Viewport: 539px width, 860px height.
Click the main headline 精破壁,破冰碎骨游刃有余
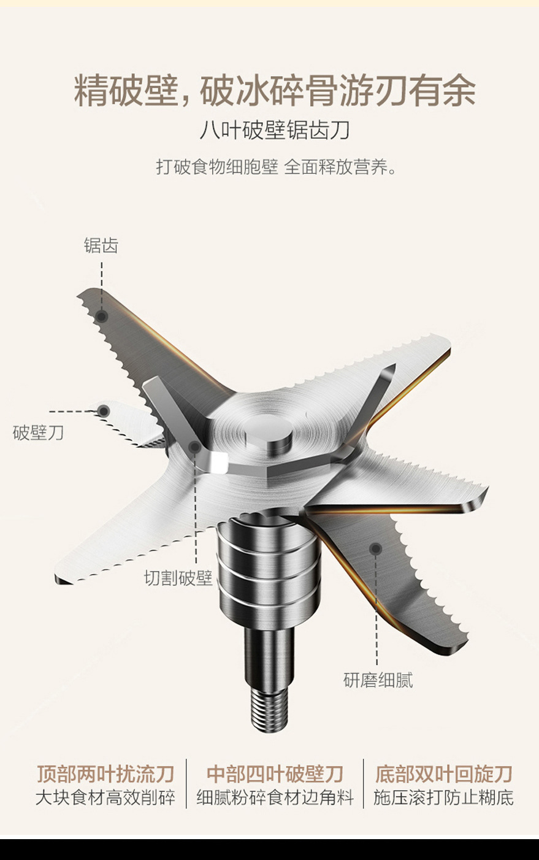[x=274, y=91]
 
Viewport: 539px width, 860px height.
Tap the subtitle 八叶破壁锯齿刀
[x=274, y=131]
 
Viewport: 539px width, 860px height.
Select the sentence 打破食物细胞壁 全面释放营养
[x=276, y=167]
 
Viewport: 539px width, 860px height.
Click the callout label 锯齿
[x=101, y=246]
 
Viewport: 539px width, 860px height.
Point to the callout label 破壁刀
[x=38, y=432]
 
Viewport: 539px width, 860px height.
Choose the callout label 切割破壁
[x=178, y=578]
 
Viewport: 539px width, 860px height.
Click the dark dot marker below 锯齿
[x=102, y=317]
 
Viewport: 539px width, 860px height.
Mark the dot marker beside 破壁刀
[x=104, y=411]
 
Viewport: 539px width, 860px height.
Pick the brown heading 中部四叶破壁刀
[x=275, y=774]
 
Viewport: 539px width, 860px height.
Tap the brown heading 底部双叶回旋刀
[x=443, y=774]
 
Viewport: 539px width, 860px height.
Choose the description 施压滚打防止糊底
[x=443, y=798]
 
